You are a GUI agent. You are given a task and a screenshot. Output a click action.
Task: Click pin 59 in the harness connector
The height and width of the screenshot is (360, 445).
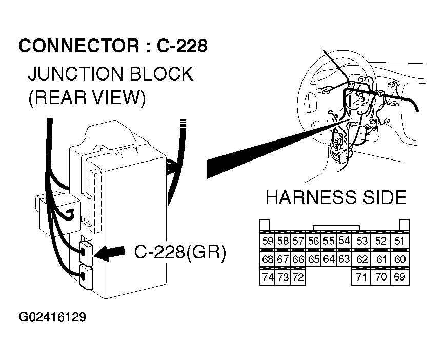point(268,241)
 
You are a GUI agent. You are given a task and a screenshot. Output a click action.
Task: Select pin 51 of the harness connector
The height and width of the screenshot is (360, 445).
point(400,241)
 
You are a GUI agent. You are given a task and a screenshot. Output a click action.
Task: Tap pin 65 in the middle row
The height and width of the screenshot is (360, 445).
point(314,259)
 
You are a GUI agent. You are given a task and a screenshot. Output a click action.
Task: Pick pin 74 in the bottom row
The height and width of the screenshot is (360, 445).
point(268,278)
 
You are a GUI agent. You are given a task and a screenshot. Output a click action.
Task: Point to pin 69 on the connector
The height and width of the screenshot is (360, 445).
point(400,278)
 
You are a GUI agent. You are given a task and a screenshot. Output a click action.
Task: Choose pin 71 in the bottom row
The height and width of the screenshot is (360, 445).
point(362,278)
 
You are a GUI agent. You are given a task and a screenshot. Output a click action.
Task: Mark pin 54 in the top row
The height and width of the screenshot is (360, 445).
point(344,240)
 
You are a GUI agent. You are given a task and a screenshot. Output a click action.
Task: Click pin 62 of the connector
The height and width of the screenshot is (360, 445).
point(362,259)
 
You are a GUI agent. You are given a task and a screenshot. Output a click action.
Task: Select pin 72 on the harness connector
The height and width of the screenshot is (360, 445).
point(298,278)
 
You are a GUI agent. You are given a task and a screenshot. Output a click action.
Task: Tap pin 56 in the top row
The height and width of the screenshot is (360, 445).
point(314,240)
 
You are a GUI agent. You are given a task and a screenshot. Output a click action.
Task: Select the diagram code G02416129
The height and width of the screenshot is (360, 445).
point(52,317)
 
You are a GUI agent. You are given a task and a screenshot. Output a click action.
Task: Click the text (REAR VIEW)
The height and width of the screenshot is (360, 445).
point(87,97)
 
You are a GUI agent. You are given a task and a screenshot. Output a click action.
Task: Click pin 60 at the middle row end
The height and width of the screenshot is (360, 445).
point(400,259)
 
